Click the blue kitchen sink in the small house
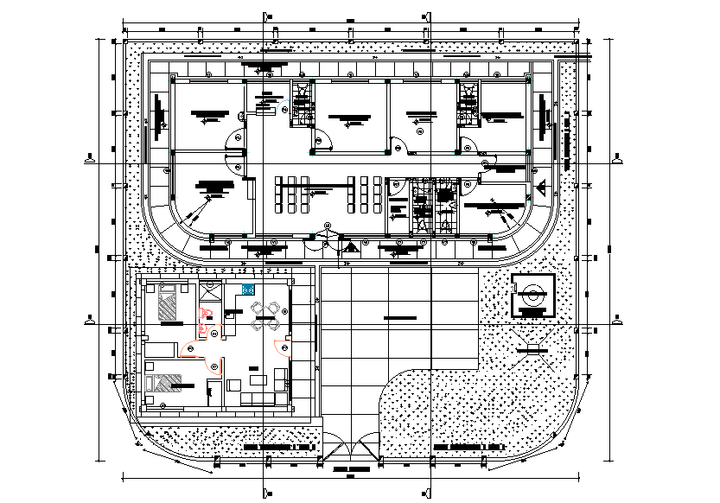click(x=249, y=290)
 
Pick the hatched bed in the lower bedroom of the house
click(x=165, y=384)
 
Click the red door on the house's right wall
click(x=283, y=347)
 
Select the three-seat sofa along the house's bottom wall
click(x=257, y=398)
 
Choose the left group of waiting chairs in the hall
click(x=291, y=194)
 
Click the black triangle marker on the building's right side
click(x=540, y=188)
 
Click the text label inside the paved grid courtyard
click(x=398, y=319)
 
